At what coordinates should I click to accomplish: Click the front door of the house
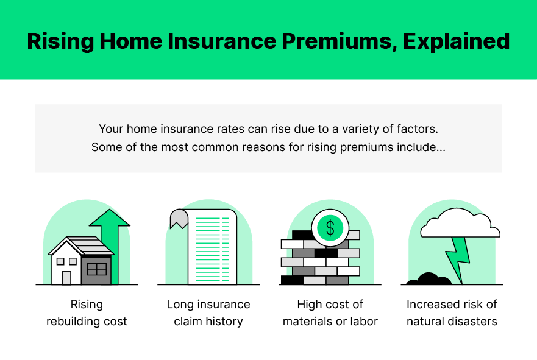pos(66,278)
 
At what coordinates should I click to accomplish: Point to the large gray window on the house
pos(96,269)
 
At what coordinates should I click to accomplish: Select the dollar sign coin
pos(330,228)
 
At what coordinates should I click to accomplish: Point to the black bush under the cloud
pos(429,280)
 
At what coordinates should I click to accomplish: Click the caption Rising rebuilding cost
pos(87,313)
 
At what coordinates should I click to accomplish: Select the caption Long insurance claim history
pos(208,313)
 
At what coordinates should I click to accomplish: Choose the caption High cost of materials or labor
pos(330,313)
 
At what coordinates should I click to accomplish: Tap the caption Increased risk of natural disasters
pos(452,313)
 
